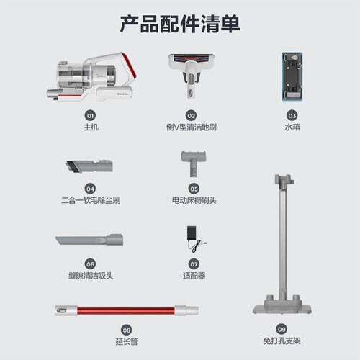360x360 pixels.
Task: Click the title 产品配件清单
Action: (x=180, y=24)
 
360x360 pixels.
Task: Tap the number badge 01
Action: (x=90, y=116)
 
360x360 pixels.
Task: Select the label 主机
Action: (x=91, y=127)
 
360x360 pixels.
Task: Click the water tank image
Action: (x=292, y=76)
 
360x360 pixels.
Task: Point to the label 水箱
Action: (x=292, y=127)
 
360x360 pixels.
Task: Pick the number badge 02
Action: (x=192, y=116)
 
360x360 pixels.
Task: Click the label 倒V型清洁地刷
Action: (x=192, y=127)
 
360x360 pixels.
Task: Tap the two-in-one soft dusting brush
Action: (x=89, y=166)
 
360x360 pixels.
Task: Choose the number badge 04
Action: (x=90, y=189)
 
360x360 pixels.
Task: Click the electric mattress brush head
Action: (x=194, y=163)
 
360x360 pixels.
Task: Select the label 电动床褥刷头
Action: (x=194, y=200)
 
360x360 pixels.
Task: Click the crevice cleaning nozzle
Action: (x=89, y=240)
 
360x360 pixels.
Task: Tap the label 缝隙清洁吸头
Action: (x=91, y=276)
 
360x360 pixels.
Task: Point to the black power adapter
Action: (x=192, y=233)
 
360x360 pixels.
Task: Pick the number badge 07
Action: (x=194, y=264)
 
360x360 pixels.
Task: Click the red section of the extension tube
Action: (x=126, y=310)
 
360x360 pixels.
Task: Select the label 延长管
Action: (x=127, y=341)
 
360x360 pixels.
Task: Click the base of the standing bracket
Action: (x=282, y=308)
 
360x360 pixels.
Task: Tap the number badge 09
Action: (x=282, y=329)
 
